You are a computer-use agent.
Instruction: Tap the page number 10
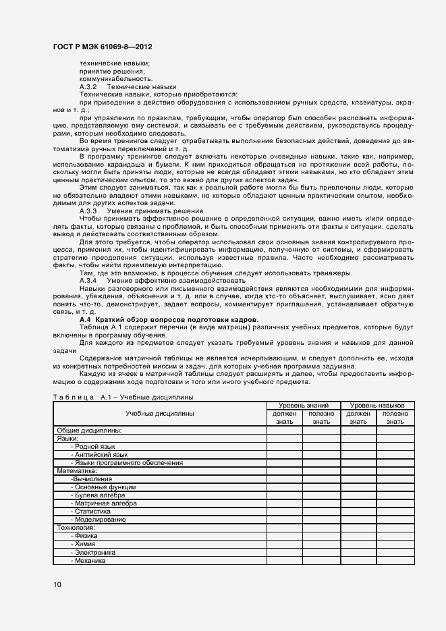pyautogui.click(x=57, y=584)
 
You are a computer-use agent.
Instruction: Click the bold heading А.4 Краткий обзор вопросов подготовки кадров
pyautogui.click(x=169, y=319)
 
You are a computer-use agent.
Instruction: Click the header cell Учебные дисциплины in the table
pyautogui.click(x=160, y=413)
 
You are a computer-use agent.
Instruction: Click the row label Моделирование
pyautogui.click(x=100, y=519)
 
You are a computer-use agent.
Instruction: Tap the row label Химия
pyautogui.click(x=86, y=543)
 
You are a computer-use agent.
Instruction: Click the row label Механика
pyautogui.click(x=90, y=559)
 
